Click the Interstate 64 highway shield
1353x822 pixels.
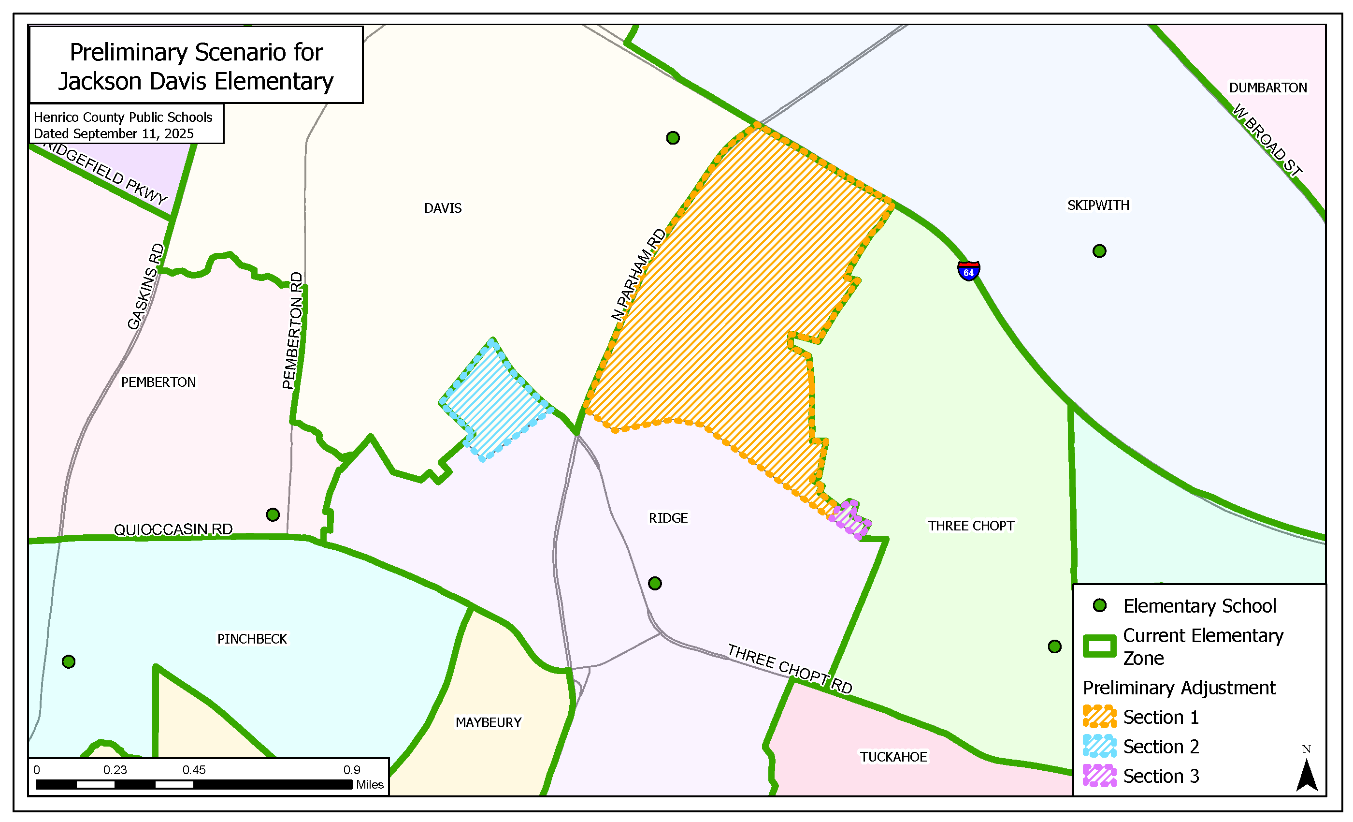(x=968, y=271)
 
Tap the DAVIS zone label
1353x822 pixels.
(x=443, y=208)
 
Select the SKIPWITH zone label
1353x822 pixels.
(x=1098, y=205)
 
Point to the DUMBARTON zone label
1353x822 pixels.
(x=1267, y=88)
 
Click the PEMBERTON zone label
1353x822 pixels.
(x=158, y=382)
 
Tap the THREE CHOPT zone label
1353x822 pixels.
(x=970, y=526)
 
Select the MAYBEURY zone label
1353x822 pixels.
(x=488, y=722)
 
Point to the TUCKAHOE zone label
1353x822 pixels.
(x=893, y=757)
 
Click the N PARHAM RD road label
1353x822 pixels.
(x=639, y=275)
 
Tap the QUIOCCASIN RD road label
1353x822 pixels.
(x=173, y=529)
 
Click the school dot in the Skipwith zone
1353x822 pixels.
(x=1099, y=251)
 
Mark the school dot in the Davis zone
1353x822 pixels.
(x=673, y=138)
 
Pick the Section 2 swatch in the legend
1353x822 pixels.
(x=1099, y=746)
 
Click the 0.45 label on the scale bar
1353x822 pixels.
(x=194, y=770)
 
